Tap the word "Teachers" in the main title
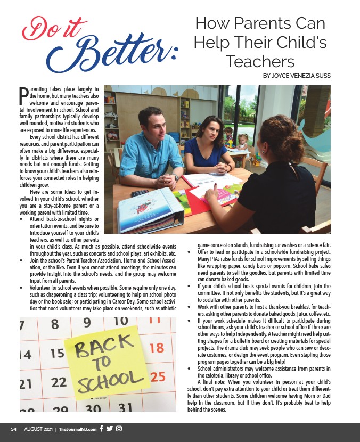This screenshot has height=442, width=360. tap(260, 61)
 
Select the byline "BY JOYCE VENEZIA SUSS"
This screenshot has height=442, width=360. tap(297, 76)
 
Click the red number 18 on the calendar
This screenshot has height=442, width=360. tap(157, 348)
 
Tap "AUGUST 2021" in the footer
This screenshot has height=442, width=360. tap(38, 429)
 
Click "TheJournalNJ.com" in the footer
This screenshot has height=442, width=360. tap(78, 429)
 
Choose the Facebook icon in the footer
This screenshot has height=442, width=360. tap(101, 429)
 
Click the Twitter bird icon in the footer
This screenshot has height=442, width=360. tap(110, 429)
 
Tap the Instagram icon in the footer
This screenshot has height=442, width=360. tap(119, 429)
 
